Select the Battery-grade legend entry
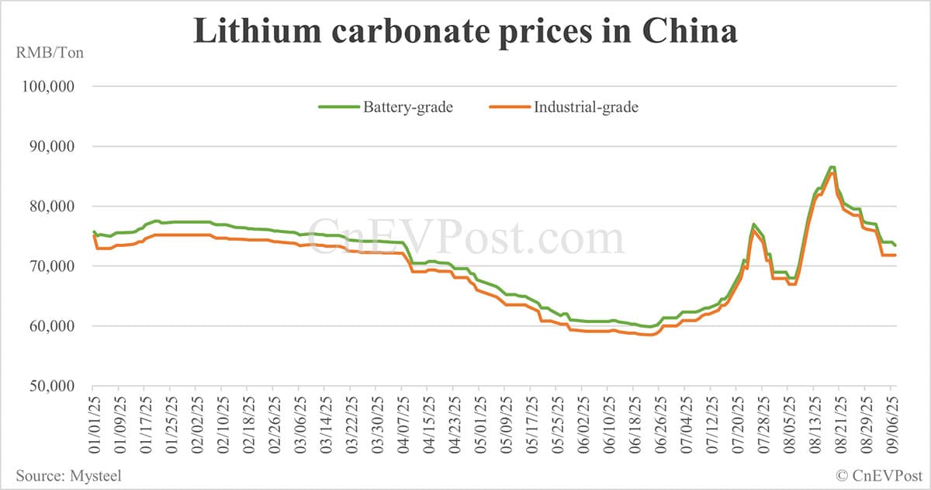click(386, 107)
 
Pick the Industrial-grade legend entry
click(563, 107)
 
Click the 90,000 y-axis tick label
click(50, 146)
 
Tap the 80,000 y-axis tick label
click(50, 207)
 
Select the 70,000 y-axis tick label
click(50, 266)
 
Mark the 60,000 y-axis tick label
click(50, 326)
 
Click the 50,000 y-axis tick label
click(50, 386)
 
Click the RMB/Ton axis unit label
click(49, 54)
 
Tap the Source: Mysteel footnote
click(67, 474)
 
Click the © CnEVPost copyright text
click(877, 474)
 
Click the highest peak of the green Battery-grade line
click(832, 167)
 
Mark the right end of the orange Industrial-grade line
click(896, 255)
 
